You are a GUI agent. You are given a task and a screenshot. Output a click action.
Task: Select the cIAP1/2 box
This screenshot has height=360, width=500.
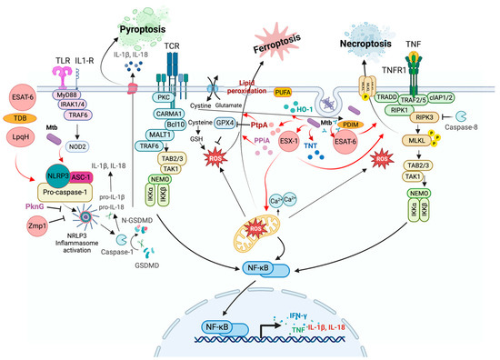point(459,88)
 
